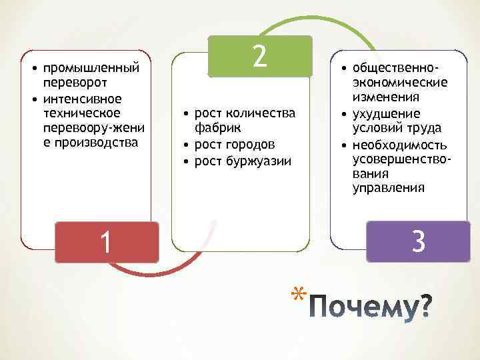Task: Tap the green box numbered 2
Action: click(259, 56)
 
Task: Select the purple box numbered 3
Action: click(418, 241)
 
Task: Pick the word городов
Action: click(246, 144)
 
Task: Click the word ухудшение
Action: click(387, 113)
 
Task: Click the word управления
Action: click(388, 188)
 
